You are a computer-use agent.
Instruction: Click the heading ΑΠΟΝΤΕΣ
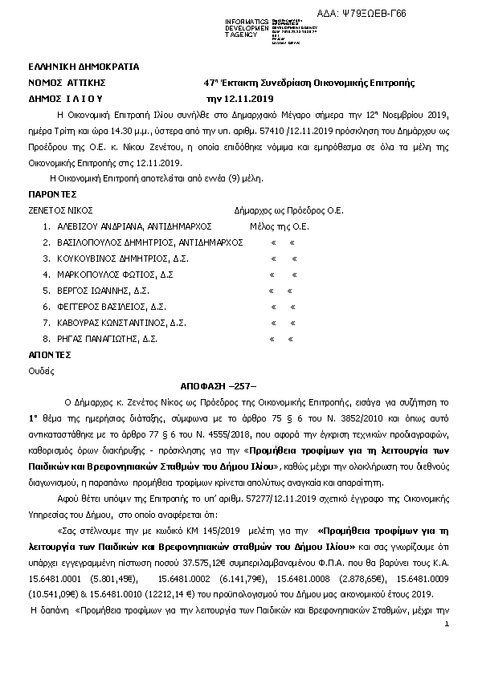click(x=50, y=354)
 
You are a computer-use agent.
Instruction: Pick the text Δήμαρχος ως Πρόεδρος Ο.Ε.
click(x=288, y=210)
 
